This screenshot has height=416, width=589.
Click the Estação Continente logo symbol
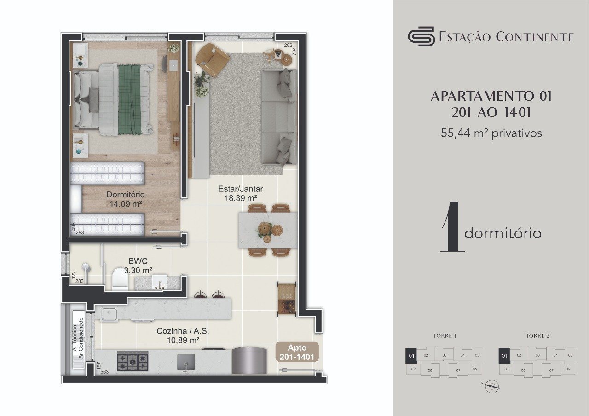click(x=421, y=36)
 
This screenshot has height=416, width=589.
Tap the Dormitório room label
click(x=126, y=195)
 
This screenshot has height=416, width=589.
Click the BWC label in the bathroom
click(x=138, y=260)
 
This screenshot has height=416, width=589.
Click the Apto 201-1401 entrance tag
click(x=297, y=352)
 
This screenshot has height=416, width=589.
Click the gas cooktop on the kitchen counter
click(x=133, y=361)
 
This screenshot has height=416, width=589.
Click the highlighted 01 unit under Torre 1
click(x=411, y=355)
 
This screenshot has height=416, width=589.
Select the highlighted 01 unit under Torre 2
click(x=504, y=355)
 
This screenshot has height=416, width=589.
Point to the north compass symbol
click(x=492, y=386)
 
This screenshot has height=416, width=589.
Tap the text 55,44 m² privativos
click(x=491, y=133)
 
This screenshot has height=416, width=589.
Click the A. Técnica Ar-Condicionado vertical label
click(x=77, y=338)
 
